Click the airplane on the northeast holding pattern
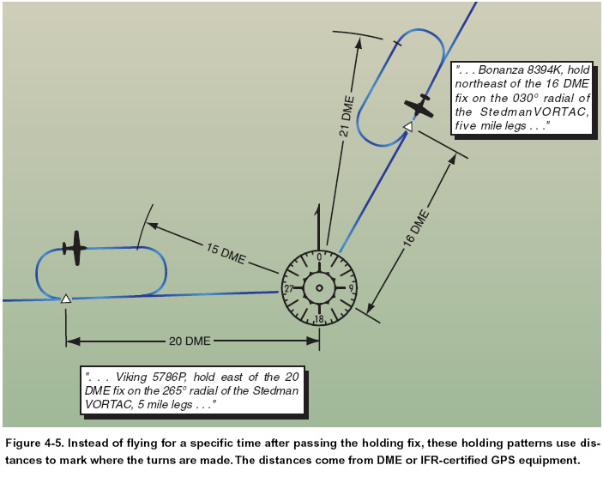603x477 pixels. click(x=419, y=106)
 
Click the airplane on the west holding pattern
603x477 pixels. click(x=75, y=248)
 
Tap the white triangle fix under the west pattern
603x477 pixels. click(x=65, y=299)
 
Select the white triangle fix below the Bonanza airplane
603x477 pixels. click(x=408, y=127)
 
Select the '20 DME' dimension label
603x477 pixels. click(x=189, y=341)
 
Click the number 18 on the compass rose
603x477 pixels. click(x=319, y=319)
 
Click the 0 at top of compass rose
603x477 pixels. click(x=319, y=257)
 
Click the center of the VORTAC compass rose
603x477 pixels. click(x=319, y=288)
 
